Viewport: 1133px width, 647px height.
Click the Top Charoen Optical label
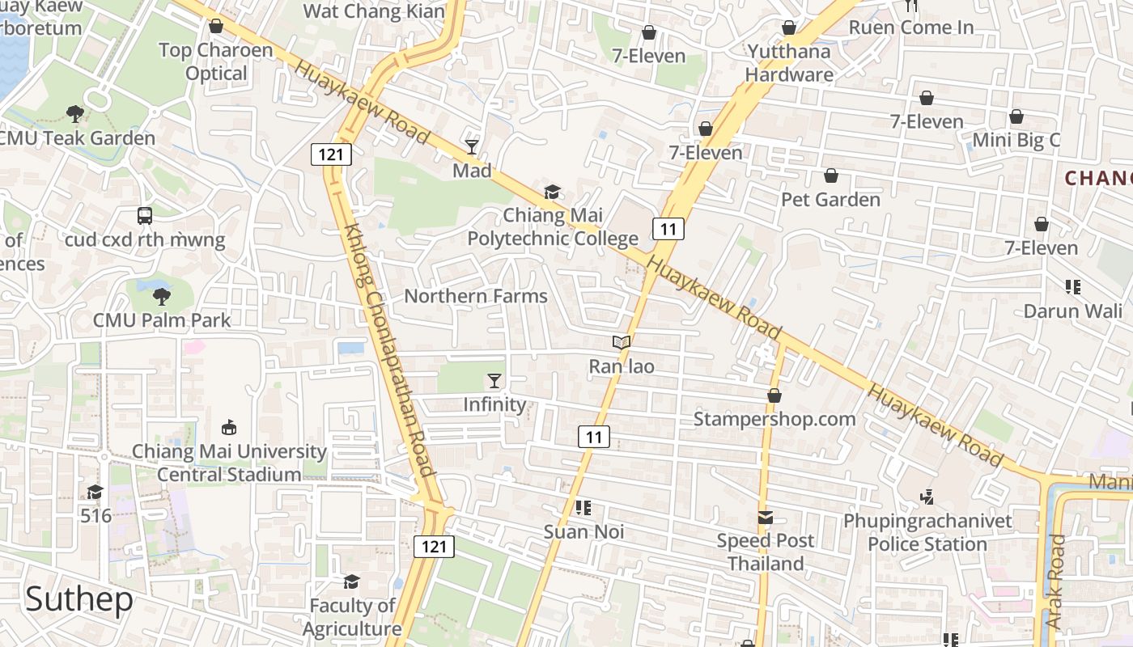(x=215, y=61)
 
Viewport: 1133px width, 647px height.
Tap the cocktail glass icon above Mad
(x=472, y=146)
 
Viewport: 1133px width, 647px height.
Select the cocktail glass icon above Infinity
(x=494, y=380)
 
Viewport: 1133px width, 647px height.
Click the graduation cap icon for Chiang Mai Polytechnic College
(x=552, y=192)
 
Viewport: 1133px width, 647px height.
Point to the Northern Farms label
(x=476, y=296)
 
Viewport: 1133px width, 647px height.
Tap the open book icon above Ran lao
(x=621, y=343)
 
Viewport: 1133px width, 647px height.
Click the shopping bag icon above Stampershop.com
(x=774, y=395)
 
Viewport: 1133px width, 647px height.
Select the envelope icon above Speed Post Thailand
(x=765, y=517)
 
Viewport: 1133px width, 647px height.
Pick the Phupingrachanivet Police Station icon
(x=927, y=497)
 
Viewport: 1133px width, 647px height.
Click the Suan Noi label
(x=583, y=532)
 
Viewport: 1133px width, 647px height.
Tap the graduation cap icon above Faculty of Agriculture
(x=351, y=581)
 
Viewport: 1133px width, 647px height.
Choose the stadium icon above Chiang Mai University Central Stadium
(x=229, y=427)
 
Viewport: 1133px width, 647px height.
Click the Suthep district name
(x=79, y=599)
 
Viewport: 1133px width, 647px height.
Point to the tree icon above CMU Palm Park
(x=162, y=296)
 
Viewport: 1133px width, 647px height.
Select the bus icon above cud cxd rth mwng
(x=145, y=216)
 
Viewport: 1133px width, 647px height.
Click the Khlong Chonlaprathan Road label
(x=389, y=350)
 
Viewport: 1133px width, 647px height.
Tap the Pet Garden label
(x=830, y=200)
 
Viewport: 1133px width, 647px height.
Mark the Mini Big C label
(x=1016, y=140)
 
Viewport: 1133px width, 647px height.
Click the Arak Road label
(x=1056, y=581)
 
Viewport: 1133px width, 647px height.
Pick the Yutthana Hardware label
(x=789, y=63)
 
